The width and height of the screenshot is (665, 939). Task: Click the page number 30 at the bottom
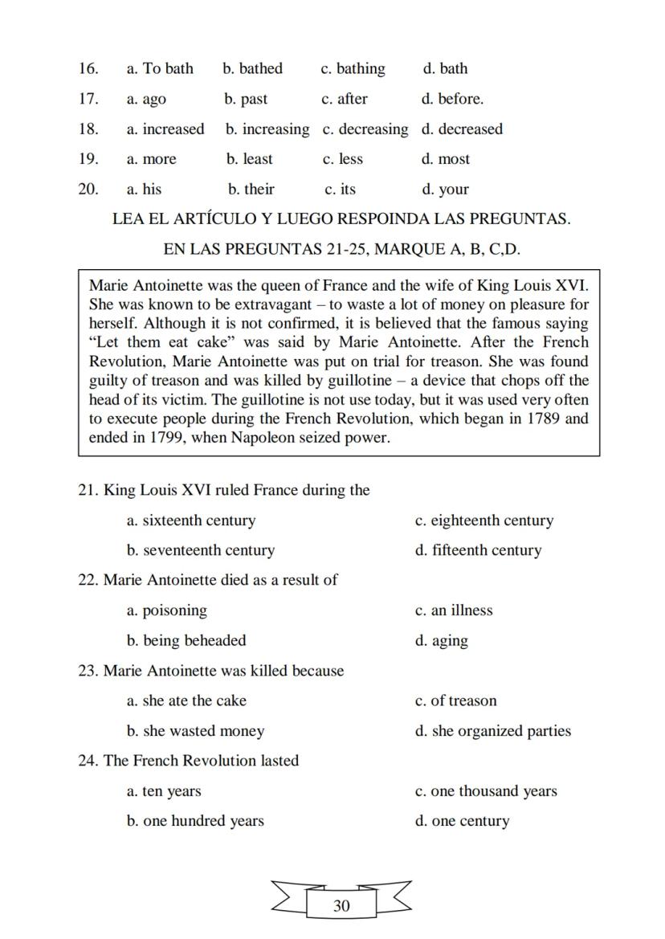tap(341, 906)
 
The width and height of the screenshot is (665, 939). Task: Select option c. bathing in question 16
tap(353, 69)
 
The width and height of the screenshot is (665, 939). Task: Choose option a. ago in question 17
tap(146, 100)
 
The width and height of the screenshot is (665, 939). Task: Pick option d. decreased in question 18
tap(462, 129)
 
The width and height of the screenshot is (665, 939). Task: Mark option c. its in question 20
tap(340, 190)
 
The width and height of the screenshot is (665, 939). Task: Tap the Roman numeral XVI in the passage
tap(572, 285)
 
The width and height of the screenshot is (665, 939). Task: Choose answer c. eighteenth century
tap(484, 521)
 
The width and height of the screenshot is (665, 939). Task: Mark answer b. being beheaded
tap(186, 641)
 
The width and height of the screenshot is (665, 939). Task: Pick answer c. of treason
tap(455, 700)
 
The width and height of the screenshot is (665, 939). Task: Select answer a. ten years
tap(164, 791)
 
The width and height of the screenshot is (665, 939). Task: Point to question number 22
tap(88, 580)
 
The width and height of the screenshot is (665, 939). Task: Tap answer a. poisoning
tap(166, 610)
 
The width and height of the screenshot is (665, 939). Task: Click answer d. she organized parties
tap(492, 731)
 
